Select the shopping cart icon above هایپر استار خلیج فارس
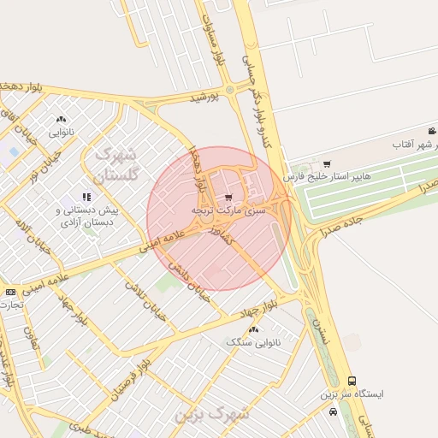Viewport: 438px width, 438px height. (327, 164)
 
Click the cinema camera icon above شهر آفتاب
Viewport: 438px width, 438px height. (432, 131)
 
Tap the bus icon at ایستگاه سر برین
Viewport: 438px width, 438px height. (351, 381)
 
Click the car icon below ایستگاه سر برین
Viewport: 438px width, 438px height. (333, 411)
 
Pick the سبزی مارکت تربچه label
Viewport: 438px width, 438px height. (233, 210)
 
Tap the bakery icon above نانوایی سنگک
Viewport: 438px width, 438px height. (253, 329)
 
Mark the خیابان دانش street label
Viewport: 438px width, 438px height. (189, 284)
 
